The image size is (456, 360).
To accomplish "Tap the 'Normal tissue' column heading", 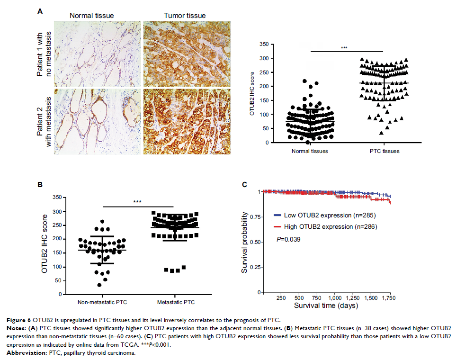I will pyautogui.click(x=91, y=16).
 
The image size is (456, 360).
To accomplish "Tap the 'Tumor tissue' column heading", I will pyautogui.click(x=185, y=16).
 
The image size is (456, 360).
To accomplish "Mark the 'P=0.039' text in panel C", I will pyautogui.click(x=288, y=240).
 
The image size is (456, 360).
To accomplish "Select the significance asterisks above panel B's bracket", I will pyautogui.click(x=137, y=202).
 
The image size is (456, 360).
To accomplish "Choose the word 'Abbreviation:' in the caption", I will pyautogui.click(x=58, y=352).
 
